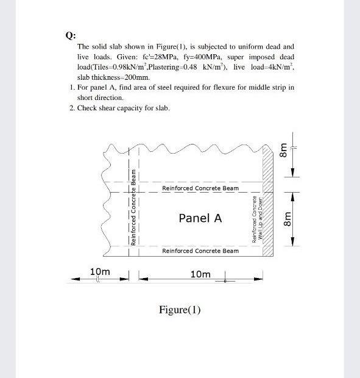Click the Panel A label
point(200,218)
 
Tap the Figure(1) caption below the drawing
point(180,310)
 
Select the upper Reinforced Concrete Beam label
point(200,188)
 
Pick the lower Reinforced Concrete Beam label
point(200,251)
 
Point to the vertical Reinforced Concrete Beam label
point(133,207)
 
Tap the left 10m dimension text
point(100,271)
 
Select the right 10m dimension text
point(200,274)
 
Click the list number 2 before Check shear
point(71,108)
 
